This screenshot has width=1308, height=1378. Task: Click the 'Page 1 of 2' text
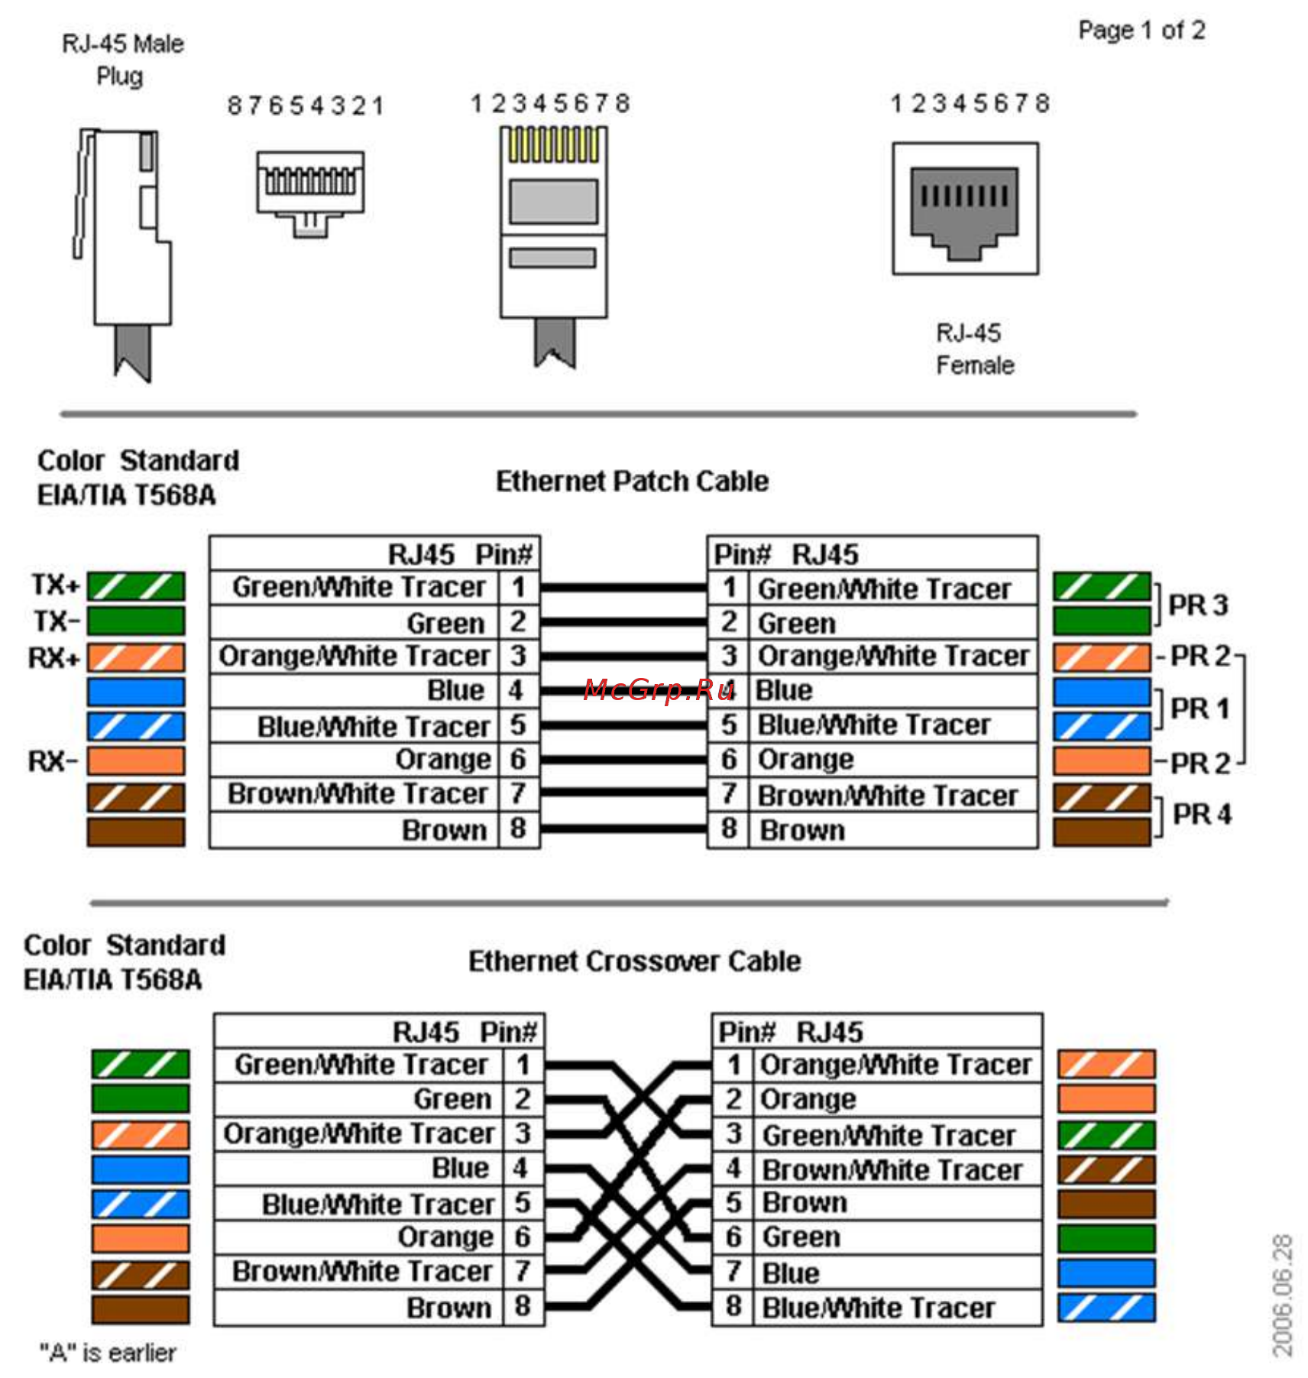click(1141, 31)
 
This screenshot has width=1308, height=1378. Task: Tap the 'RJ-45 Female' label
click(974, 349)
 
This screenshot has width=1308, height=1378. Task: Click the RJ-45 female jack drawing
click(965, 208)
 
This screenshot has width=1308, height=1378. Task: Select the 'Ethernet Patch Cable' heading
click(632, 481)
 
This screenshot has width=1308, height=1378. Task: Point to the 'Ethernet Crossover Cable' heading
click(634, 961)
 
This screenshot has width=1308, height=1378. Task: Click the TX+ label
click(55, 585)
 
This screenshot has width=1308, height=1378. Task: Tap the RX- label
click(53, 761)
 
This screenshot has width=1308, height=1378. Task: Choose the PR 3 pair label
click(1198, 605)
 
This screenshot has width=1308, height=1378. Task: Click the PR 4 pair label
click(1202, 814)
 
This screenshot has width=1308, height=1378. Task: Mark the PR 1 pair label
click(1200, 708)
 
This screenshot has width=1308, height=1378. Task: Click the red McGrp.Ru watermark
click(658, 690)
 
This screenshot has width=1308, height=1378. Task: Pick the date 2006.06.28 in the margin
click(1283, 1295)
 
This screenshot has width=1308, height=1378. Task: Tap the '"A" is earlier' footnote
click(108, 1354)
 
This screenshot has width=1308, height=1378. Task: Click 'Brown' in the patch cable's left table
click(444, 830)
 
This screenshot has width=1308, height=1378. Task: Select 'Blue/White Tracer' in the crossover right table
click(879, 1308)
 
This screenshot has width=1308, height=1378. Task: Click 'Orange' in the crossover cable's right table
click(808, 1099)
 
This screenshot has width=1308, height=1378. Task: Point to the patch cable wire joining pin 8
click(623, 829)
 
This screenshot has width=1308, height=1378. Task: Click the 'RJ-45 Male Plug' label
click(122, 60)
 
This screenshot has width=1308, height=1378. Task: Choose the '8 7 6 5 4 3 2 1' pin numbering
click(305, 105)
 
